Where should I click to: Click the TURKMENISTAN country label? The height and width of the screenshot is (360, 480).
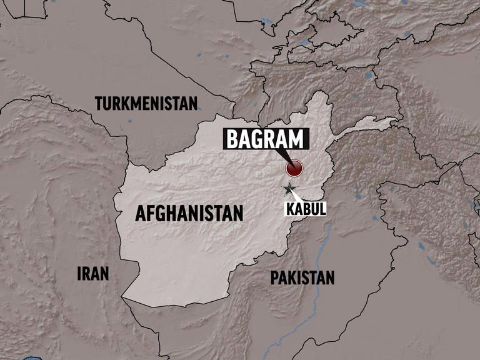146,103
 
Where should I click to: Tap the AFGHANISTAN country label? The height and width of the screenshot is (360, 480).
189,214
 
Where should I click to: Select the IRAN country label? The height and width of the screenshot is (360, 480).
92,273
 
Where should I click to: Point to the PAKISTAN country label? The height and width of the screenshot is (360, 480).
302,277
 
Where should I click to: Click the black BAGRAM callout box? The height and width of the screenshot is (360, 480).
266,139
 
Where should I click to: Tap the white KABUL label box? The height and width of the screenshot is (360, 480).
306,208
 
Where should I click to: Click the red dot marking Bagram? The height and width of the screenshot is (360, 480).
294,168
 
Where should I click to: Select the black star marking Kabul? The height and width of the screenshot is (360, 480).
289,189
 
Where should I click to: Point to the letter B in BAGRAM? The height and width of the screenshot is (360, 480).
232,139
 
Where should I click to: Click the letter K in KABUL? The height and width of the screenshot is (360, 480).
291,208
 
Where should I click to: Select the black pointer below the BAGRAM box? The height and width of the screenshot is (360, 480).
283,156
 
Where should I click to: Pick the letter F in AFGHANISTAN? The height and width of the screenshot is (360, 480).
151,214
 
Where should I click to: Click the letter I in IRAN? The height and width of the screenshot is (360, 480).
79,273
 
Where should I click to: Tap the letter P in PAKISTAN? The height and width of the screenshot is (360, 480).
274,277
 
